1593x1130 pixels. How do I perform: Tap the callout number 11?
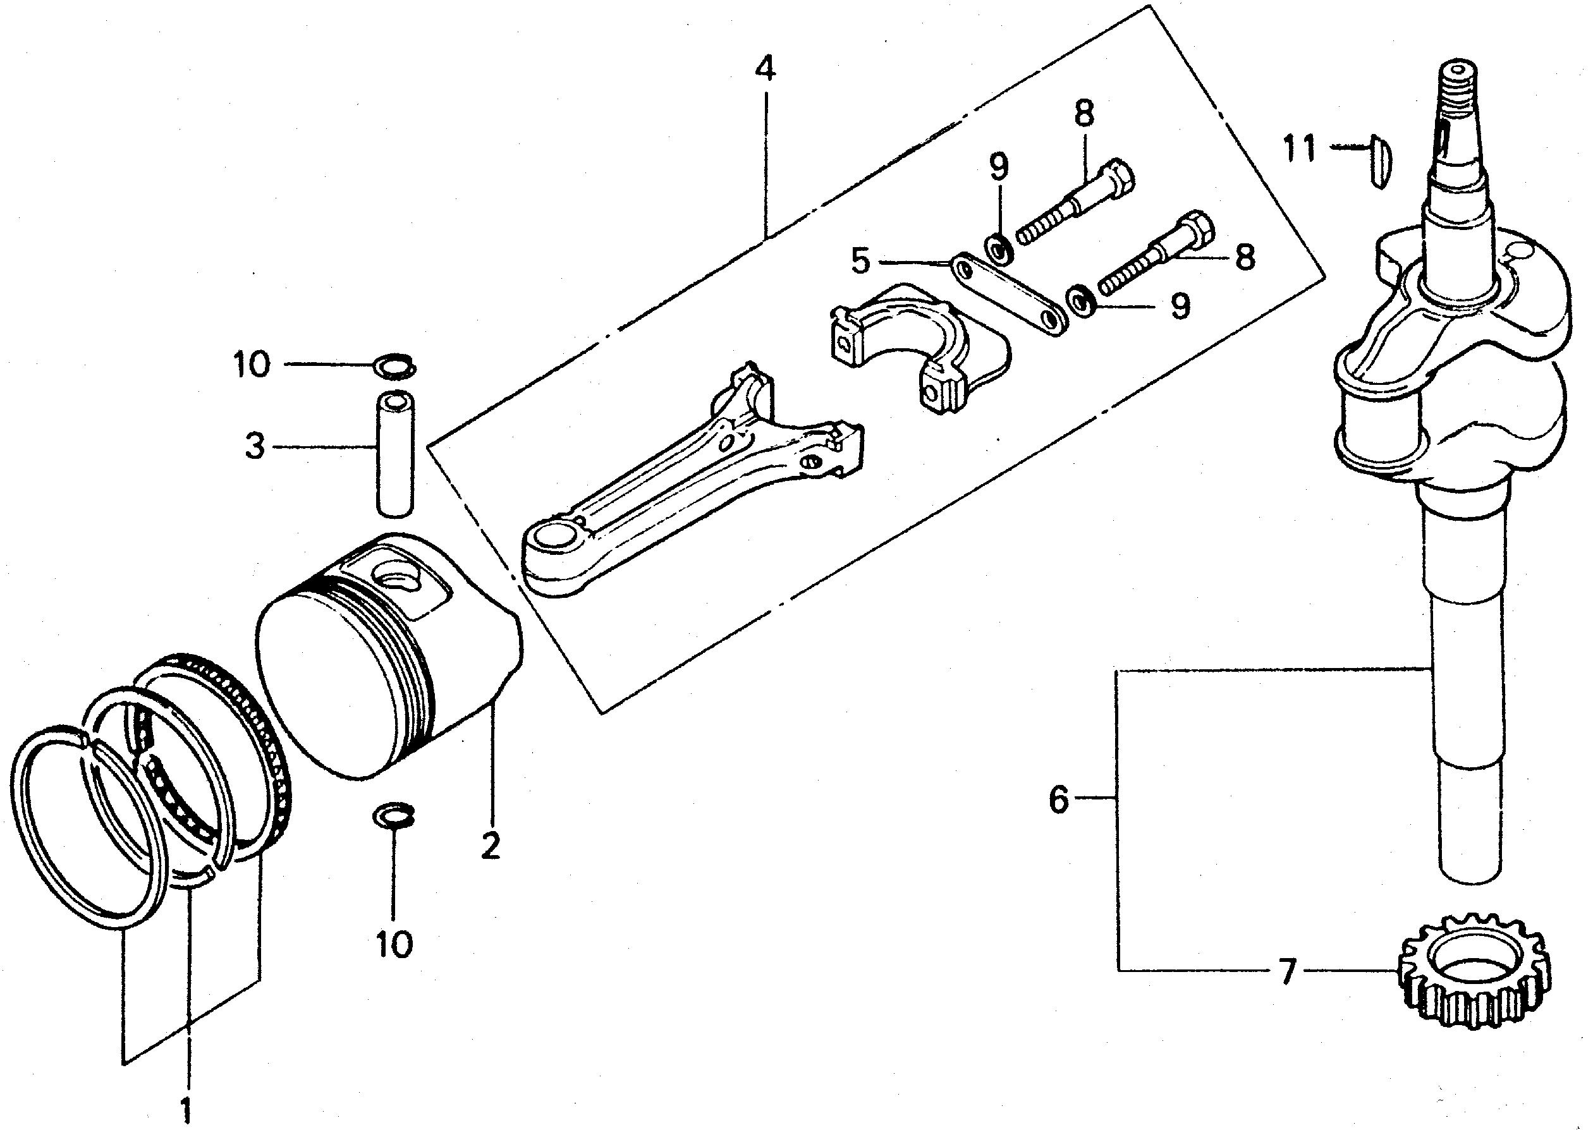[x=1300, y=149]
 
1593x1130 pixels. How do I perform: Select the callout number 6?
[x=1058, y=799]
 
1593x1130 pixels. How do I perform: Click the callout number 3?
[x=255, y=447]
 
